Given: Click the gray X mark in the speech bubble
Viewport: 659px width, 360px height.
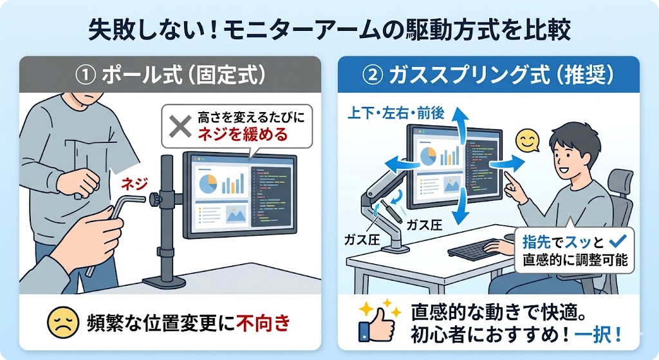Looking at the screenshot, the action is coord(180,127).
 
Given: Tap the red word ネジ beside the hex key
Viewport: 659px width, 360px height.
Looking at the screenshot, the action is coord(135,184).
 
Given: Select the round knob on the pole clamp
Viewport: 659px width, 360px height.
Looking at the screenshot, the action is coord(155,198).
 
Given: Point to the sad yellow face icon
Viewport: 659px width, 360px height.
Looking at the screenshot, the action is coord(63,323).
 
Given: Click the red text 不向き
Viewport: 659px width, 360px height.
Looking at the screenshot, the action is coord(263,323).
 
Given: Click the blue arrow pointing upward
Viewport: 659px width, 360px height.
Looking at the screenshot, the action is coord(462,122).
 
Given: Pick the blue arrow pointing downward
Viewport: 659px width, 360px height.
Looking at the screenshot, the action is coord(461,207).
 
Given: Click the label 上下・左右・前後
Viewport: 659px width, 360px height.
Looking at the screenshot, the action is coord(396,113).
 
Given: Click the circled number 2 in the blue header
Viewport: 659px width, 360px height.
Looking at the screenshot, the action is coord(373,75).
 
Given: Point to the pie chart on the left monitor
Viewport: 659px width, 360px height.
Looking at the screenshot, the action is coord(208,184).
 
